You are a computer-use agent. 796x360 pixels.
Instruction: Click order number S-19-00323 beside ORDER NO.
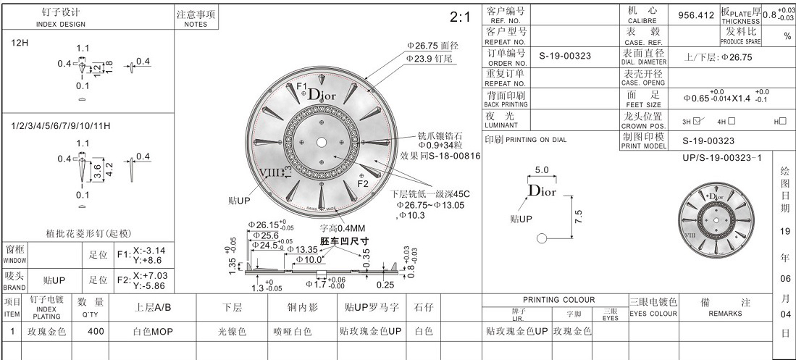tap(565, 56)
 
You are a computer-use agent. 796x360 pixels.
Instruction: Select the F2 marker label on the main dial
tap(364, 183)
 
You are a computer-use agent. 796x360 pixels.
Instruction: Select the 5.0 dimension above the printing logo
tap(542, 169)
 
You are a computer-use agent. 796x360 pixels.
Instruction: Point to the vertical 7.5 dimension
tap(578, 216)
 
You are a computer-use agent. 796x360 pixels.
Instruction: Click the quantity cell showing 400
tap(96, 332)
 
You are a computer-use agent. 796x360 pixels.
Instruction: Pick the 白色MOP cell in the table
tap(153, 332)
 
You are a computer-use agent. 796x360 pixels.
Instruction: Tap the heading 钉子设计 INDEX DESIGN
tap(61, 17)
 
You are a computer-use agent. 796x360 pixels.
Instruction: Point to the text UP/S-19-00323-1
tap(722, 157)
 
